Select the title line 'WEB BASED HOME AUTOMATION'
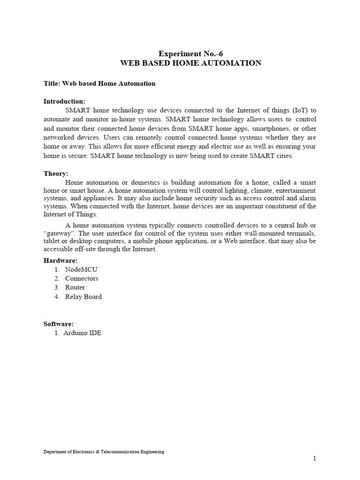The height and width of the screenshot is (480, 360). (190, 63)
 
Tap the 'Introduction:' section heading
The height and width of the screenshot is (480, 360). (64, 101)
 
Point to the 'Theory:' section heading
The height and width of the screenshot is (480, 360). (56, 173)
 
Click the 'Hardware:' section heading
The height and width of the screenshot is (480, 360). (60, 260)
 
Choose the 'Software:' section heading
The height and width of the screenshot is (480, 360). (59, 323)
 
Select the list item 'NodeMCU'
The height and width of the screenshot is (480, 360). (82, 270)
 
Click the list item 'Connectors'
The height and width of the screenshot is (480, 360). (82, 278)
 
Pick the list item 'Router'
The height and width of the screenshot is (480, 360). (75, 287)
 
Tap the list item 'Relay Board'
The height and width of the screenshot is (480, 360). (83, 296)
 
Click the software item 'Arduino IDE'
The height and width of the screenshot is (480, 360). (83, 333)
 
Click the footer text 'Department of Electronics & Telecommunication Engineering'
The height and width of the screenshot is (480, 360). (104, 452)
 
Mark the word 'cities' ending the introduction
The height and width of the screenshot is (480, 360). (284, 156)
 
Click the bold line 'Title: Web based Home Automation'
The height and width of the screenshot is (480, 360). (99, 83)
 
